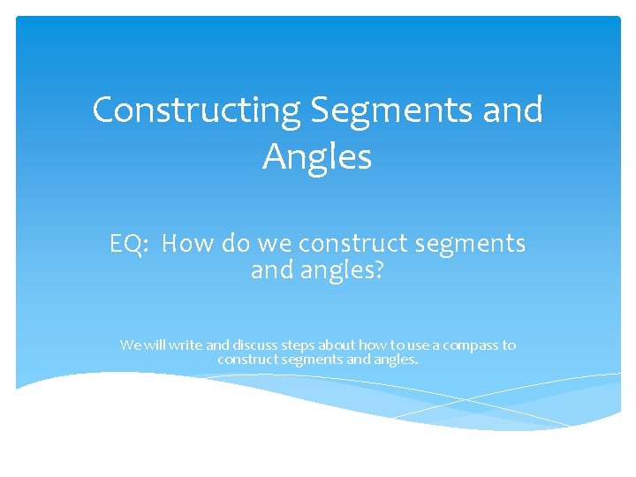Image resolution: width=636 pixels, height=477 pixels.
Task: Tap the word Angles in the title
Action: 317,157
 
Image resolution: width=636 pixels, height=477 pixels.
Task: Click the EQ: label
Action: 129,243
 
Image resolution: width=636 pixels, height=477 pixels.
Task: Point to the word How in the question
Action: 187,243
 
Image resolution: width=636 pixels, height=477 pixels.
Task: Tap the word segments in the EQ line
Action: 465,244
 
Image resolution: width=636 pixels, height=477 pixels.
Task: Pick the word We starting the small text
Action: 130,345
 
